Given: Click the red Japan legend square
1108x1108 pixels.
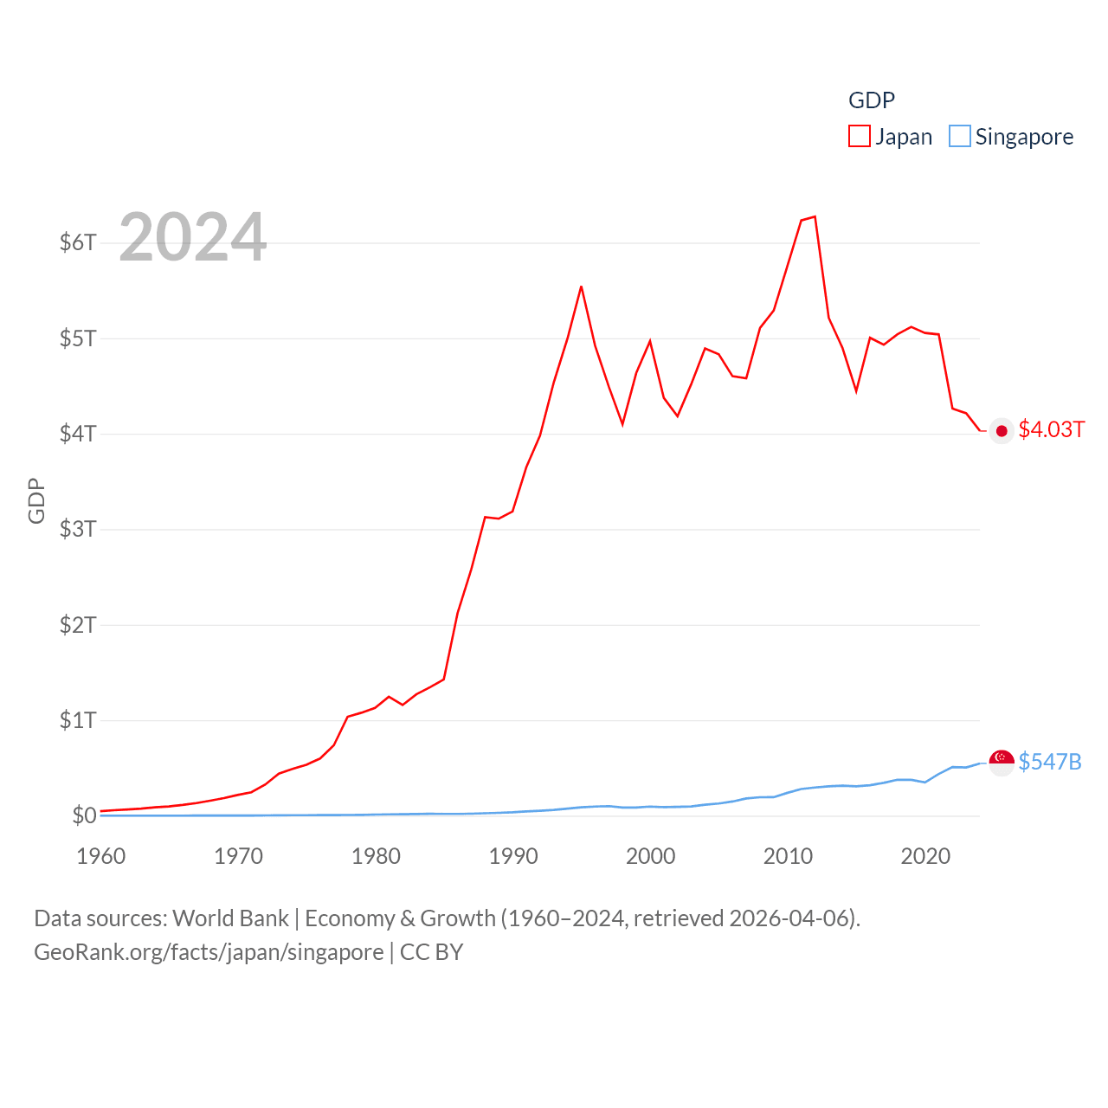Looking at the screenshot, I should point(859,137).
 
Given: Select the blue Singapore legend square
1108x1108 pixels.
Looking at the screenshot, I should point(959,137).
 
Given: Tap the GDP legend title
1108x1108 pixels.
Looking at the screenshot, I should point(871,100).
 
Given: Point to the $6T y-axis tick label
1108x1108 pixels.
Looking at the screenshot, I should point(78,242).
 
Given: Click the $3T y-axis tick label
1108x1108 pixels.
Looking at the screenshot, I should point(78,529).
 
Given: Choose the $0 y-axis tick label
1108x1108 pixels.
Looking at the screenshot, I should point(84,815).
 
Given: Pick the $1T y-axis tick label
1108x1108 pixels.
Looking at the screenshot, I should point(78,720).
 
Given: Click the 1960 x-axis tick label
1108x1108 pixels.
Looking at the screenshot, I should point(101,856).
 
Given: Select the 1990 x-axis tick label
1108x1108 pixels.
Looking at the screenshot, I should point(513,856).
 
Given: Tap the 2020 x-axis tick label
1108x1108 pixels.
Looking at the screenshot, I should point(925,856).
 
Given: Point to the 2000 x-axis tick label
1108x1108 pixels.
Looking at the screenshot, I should point(650,856).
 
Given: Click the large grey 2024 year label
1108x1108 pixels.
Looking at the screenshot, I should point(192,237).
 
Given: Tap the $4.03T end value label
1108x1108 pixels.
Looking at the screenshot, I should point(1051,430).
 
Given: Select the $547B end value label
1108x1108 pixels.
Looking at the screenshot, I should point(1049,762).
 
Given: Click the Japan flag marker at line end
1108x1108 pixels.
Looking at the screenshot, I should point(1002,431).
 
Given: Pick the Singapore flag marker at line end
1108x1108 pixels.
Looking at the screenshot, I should point(1002,763).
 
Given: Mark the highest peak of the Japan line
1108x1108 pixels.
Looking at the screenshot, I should point(815,216).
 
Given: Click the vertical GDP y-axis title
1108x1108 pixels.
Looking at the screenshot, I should point(36,500).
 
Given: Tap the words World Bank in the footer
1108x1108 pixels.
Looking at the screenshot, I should point(230,918).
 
